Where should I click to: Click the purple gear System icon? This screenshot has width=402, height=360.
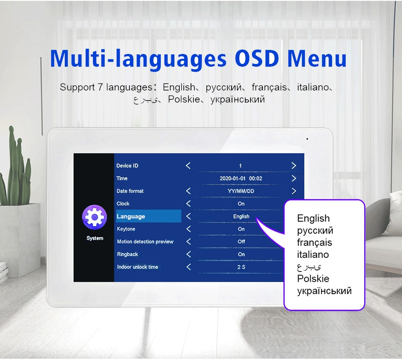[94, 217]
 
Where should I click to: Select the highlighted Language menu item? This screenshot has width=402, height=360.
[149, 216]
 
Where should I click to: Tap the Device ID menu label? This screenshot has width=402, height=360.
[127, 166]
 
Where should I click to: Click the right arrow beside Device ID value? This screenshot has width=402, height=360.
[294, 166]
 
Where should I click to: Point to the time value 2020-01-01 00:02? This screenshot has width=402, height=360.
[241, 179]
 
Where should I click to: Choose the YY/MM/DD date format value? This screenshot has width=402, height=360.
[241, 191]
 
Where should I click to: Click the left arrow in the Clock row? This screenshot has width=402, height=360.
[188, 204]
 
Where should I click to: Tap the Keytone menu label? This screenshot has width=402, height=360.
[126, 229]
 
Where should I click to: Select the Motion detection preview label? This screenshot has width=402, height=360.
[145, 241]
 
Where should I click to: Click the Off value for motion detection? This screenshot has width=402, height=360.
[241, 241]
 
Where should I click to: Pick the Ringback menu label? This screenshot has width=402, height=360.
[127, 254]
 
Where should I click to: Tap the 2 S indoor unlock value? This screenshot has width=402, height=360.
[241, 267]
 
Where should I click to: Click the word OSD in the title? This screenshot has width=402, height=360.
[257, 58]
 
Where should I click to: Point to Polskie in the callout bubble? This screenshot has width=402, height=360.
[313, 279]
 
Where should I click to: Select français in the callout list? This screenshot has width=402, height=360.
[314, 243]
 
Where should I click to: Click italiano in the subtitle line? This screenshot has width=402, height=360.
[313, 87]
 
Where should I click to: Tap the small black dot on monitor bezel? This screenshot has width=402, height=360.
[307, 139]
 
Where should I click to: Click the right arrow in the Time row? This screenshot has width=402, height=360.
[294, 179]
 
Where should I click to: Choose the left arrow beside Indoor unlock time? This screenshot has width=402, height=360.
[188, 267]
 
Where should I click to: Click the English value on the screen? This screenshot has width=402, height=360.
[241, 216]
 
